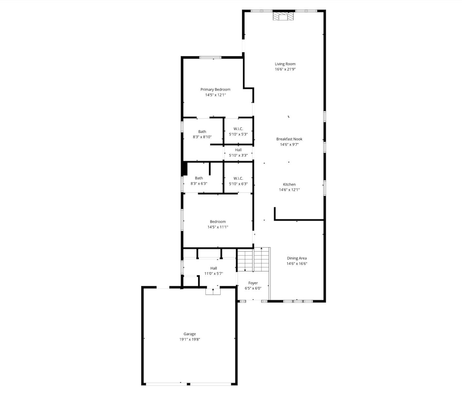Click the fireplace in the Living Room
(283, 16)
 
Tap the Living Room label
(285, 64)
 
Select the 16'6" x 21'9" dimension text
(285, 69)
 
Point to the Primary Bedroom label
(215, 90)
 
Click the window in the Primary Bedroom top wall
(210, 57)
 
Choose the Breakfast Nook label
(289, 139)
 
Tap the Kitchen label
(289, 184)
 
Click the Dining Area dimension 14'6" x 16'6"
(297, 263)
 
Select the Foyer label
(253, 283)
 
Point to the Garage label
(190, 334)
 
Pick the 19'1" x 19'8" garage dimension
(190, 339)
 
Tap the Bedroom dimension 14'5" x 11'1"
(218, 227)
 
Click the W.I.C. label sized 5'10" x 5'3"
(238, 129)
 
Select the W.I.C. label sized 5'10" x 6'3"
(238, 178)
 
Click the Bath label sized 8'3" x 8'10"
(202, 132)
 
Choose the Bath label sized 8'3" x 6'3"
(199, 178)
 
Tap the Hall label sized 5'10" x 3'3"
(238, 150)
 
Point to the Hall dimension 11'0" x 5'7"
(214, 274)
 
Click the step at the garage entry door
(213, 292)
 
